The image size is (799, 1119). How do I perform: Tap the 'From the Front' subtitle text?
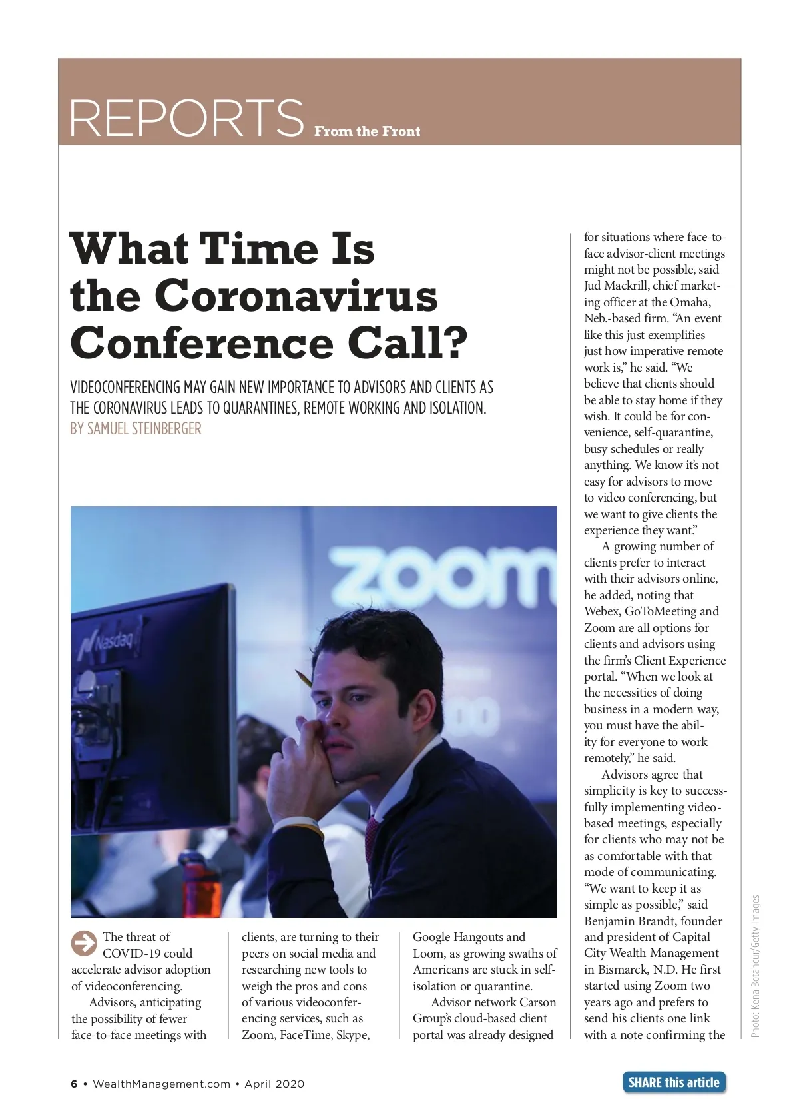[367, 131]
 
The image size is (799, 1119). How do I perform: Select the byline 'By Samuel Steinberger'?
[136, 428]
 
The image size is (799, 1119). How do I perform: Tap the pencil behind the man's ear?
[304, 679]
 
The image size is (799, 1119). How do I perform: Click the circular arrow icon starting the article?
[84, 942]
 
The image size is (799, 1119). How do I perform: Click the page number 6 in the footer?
[74, 1084]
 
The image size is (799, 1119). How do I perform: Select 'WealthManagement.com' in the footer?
[161, 1084]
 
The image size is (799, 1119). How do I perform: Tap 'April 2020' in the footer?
[274, 1084]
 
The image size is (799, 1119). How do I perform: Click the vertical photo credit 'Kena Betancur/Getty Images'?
[755, 966]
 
